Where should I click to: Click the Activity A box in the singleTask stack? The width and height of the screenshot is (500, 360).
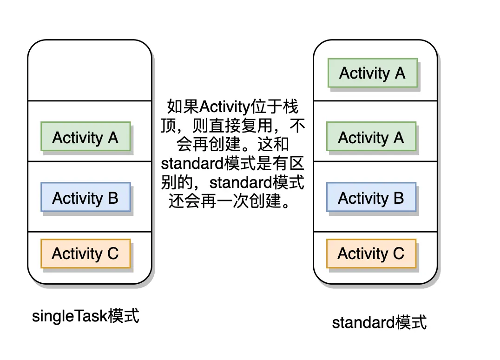[x=86, y=136]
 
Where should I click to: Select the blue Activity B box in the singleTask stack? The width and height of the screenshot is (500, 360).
[x=86, y=197]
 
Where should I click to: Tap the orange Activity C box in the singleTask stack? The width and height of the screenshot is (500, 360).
[x=86, y=253]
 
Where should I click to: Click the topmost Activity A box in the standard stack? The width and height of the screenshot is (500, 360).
[x=373, y=73]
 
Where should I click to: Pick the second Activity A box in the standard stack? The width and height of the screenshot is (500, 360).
[x=371, y=136]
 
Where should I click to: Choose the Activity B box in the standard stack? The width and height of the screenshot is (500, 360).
[x=371, y=197]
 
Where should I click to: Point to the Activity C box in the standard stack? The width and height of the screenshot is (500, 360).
[x=371, y=253]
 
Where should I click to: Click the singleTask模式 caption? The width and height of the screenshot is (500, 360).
[x=86, y=316]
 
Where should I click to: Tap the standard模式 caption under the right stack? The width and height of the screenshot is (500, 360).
[x=379, y=322]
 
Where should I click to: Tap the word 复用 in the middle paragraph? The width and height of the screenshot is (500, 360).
[x=257, y=126]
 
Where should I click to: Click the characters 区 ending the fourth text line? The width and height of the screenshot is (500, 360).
[x=296, y=163]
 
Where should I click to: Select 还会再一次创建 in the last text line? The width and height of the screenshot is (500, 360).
[x=224, y=201]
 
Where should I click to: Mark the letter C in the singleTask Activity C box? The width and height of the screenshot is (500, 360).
[x=113, y=254]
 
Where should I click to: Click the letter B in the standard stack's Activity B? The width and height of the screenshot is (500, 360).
[x=399, y=198]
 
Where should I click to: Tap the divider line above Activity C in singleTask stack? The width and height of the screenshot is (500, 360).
[x=90, y=232]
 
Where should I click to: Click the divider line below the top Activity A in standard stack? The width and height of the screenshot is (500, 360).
[x=375, y=101]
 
